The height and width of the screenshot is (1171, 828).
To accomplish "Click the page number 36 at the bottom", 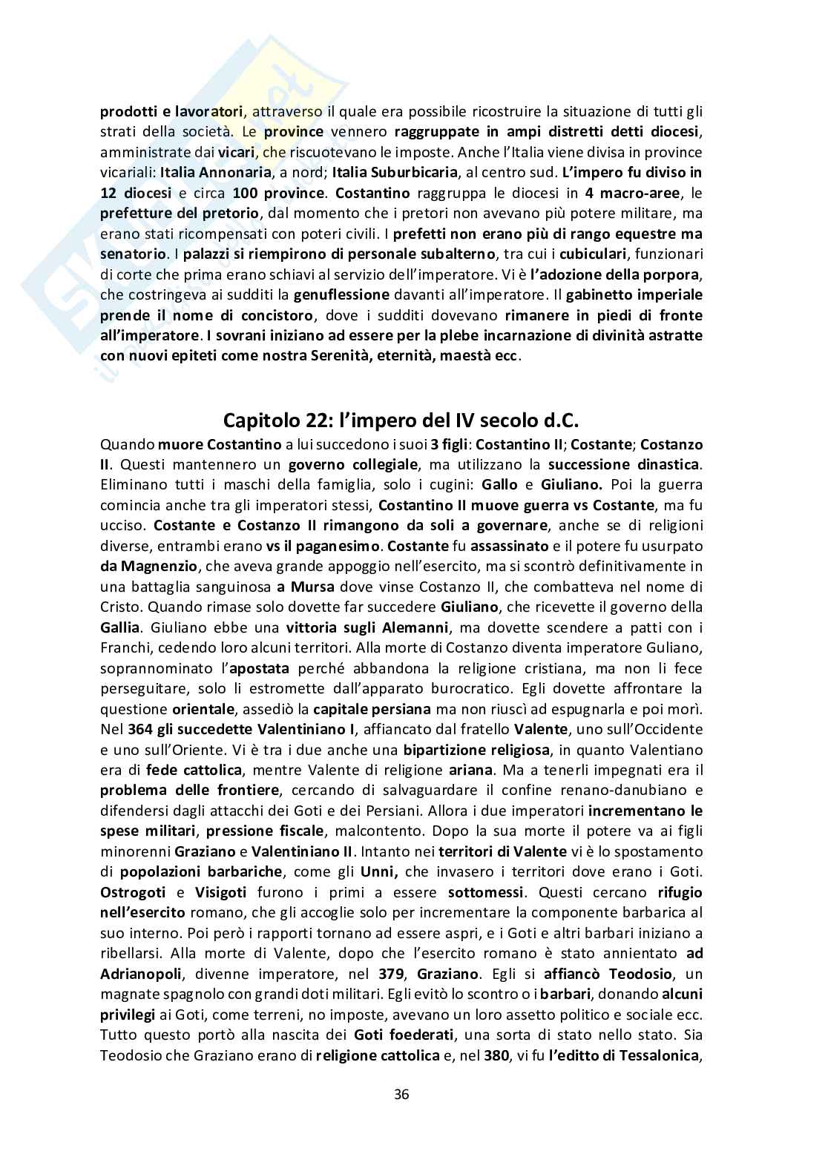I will pyautogui.click(x=402, y=1094).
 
